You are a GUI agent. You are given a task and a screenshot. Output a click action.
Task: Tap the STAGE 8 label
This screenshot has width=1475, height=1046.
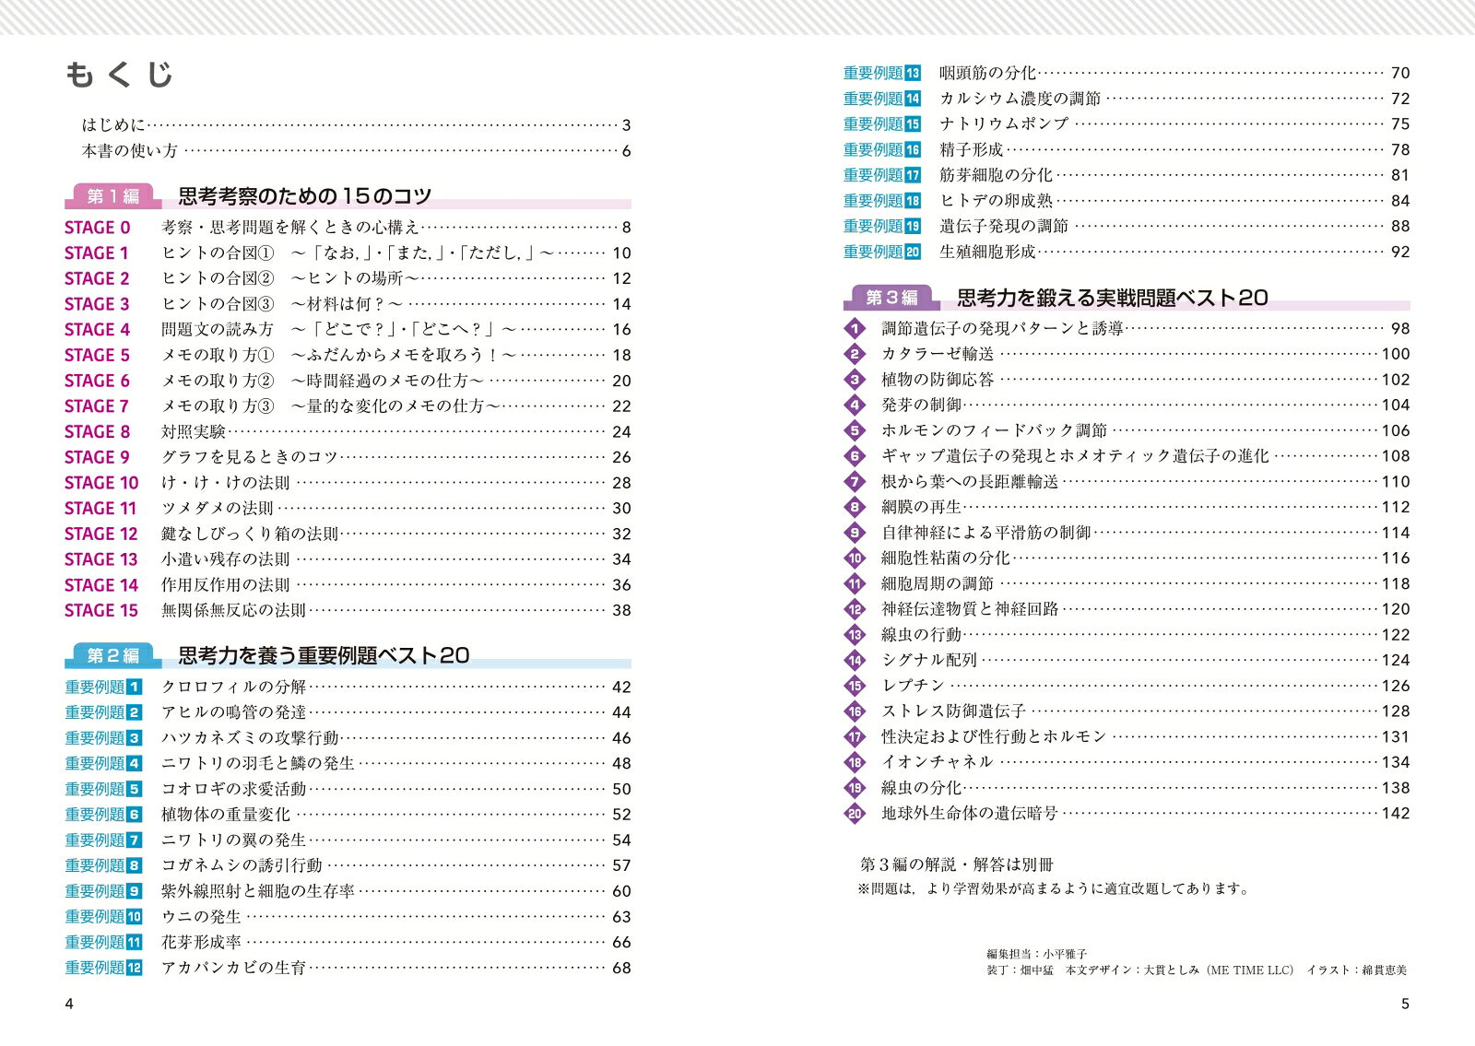click(97, 431)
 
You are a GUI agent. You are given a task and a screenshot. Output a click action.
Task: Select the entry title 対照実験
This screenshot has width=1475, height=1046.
click(193, 431)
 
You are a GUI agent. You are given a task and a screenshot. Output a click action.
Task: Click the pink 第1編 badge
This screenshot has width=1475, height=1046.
click(112, 196)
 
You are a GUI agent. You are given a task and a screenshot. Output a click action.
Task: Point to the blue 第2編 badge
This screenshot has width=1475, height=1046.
click(112, 655)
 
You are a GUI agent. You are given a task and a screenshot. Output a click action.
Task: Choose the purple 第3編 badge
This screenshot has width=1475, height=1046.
click(891, 298)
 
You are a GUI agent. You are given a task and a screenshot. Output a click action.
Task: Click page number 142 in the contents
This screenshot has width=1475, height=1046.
click(1396, 813)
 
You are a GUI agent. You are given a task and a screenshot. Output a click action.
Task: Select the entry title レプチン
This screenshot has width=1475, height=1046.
click(913, 686)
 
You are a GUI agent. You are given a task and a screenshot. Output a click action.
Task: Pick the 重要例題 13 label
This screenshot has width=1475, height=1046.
click(881, 73)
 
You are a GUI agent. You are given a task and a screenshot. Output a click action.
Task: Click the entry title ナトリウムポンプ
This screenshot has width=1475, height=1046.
click(1003, 123)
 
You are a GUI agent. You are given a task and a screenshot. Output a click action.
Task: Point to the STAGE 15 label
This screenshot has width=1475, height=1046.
click(100, 610)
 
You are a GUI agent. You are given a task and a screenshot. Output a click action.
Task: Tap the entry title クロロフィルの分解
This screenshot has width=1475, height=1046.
click(233, 687)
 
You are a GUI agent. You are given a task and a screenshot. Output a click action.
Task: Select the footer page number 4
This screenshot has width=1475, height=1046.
click(69, 1004)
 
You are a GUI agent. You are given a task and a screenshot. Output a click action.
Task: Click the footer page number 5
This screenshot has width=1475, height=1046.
click(1405, 1004)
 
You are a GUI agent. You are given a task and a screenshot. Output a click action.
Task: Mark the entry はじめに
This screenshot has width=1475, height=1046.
click(113, 125)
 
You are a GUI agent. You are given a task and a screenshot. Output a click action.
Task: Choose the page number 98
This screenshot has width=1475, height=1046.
click(1400, 328)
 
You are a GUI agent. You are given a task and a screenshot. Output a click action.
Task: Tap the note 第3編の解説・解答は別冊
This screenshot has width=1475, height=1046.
click(956, 865)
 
